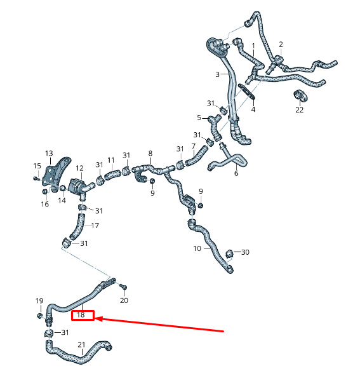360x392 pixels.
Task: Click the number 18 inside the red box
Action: click(81, 314)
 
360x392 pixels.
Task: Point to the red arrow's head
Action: click(98, 319)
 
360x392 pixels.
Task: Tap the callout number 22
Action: click(299, 110)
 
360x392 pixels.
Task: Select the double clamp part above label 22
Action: click(300, 95)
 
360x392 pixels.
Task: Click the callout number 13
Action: click(49, 153)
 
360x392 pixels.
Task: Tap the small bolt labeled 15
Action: click(36, 179)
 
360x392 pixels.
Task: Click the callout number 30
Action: click(245, 252)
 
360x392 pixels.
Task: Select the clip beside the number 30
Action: click(229, 253)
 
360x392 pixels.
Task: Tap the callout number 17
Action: click(95, 226)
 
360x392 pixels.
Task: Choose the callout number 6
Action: click(236, 173)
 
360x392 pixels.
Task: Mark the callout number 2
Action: click(281, 44)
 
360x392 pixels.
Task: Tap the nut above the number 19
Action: click(39, 316)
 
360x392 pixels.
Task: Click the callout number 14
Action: click(62, 200)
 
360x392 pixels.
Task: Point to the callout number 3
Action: click(217, 74)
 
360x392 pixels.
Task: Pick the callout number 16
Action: click(44, 204)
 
